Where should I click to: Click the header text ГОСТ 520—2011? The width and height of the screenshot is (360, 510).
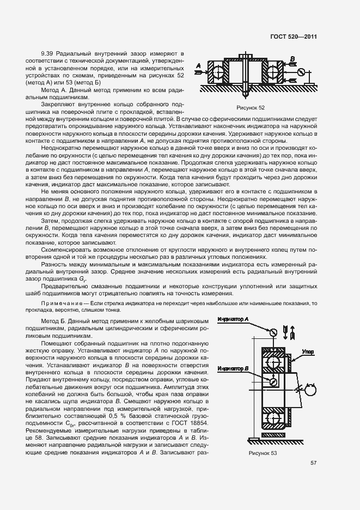295,37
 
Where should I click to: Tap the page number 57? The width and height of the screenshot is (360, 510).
314,463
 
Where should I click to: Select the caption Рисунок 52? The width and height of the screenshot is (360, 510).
250,108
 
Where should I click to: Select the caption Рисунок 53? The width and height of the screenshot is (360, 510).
263,453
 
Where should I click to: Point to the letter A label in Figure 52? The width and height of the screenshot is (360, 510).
198,66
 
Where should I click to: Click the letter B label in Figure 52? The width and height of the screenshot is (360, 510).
292,58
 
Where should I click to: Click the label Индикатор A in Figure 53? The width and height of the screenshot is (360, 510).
233,319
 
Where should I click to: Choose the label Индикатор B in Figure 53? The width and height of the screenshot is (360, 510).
233,368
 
